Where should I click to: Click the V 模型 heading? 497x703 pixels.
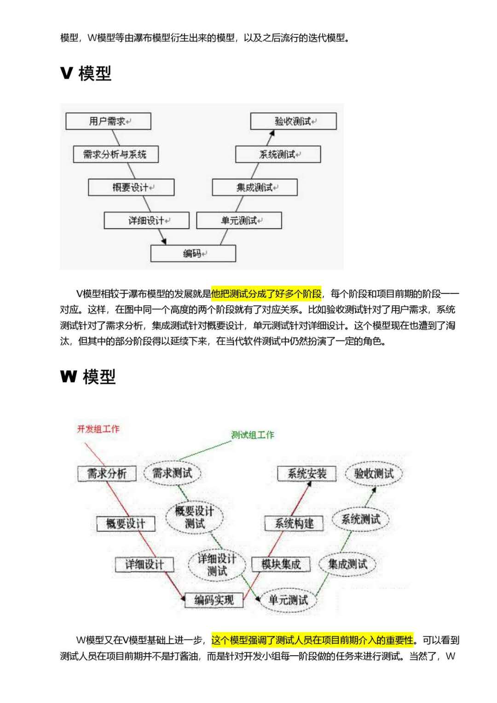[x=86, y=74]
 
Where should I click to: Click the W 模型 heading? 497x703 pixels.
[x=88, y=377]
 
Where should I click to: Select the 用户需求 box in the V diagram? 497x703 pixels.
[x=108, y=121]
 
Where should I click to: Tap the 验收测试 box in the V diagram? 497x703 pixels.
[x=293, y=121]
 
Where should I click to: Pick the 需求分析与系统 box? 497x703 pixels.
[x=116, y=155]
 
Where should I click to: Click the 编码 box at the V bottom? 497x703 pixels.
[x=193, y=254]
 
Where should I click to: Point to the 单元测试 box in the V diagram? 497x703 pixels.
[x=239, y=221]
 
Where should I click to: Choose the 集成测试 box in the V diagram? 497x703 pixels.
[x=254, y=188]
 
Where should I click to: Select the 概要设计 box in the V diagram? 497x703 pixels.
[x=131, y=188]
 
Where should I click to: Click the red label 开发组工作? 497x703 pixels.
[x=98, y=429]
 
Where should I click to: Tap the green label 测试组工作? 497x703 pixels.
[x=252, y=435]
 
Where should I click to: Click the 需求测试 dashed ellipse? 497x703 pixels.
[x=172, y=473]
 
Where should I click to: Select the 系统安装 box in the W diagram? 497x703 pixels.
[x=307, y=473]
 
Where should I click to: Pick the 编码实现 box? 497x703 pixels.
[x=214, y=600]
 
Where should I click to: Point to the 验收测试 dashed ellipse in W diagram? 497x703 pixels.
[x=374, y=473]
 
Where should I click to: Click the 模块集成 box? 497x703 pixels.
[x=281, y=565]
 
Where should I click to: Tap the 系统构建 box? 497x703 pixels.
[x=294, y=523]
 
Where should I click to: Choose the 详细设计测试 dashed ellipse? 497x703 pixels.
[x=217, y=565]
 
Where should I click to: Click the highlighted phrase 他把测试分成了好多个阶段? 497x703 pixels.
[x=266, y=294]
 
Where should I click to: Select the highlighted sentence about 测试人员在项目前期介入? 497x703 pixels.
[x=312, y=640]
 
